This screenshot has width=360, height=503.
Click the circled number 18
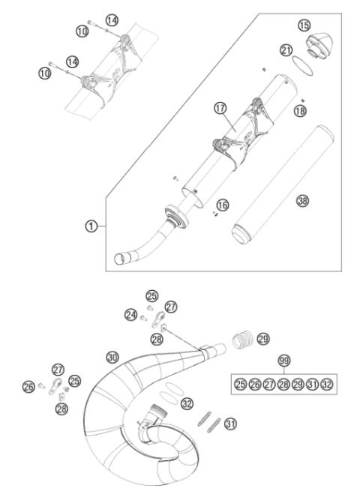pyautogui.click(x=300, y=110)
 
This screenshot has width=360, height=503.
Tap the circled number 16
pyautogui.click(x=222, y=204)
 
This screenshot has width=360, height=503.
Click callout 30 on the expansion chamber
pyautogui.click(x=112, y=358)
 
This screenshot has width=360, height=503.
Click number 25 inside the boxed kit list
pyautogui.click(x=240, y=383)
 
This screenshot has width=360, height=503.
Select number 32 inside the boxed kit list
pyautogui.click(x=327, y=383)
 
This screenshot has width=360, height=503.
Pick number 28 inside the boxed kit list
pyautogui.click(x=283, y=383)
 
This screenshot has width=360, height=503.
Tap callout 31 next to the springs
pyautogui.click(x=230, y=424)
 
